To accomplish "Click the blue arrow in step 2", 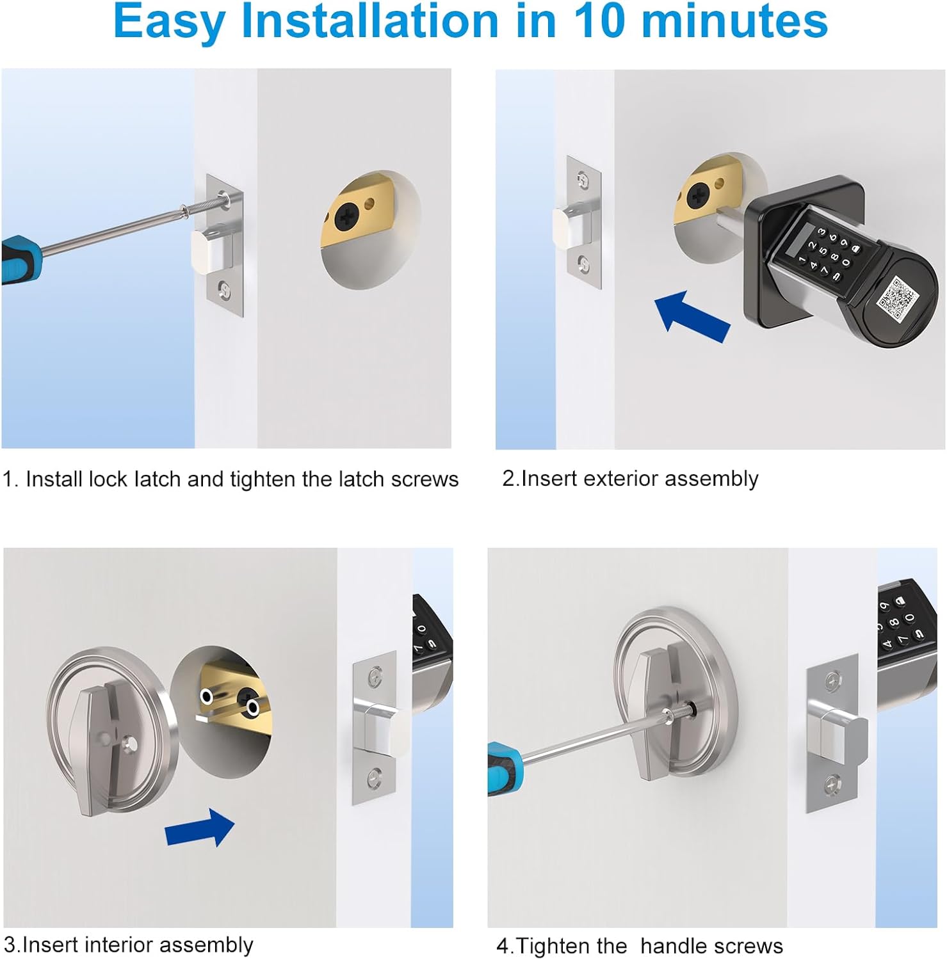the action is pos(692,315).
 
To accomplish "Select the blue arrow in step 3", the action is pos(200,828).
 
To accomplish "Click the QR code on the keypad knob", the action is pos(896,298).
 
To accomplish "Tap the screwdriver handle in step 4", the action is pos(505,768).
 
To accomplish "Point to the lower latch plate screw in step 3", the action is pos(375,778).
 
